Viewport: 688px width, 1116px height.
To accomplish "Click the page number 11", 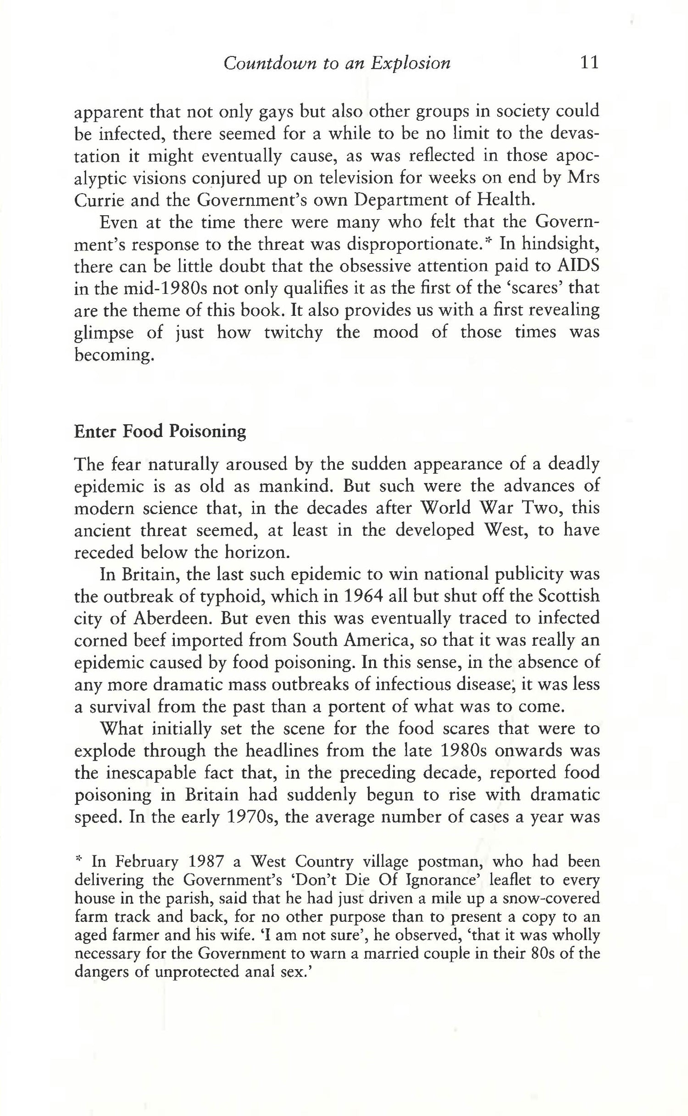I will click(x=589, y=62).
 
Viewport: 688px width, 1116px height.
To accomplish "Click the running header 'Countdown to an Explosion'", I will click(x=337, y=63).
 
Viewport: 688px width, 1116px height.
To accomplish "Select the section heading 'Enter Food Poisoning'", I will click(x=160, y=432).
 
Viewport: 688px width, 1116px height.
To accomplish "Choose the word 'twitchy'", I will click(x=293, y=332).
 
